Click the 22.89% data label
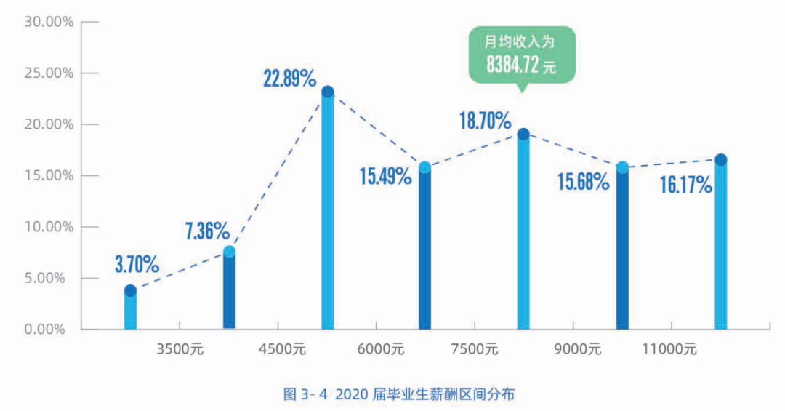(289, 79)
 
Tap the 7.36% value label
(207, 232)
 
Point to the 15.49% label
(385, 176)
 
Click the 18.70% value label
(485, 120)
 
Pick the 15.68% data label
(583, 181)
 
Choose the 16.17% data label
(685, 185)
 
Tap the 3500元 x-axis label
(180, 349)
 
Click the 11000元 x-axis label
(669, 349)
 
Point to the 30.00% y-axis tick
(49, 22)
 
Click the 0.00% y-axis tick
(52, 330)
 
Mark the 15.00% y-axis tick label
(49, 176)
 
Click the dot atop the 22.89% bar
(328, 92)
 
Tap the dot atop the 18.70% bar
(523, 134)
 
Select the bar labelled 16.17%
(720, 247)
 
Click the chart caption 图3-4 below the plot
(399, 394)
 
